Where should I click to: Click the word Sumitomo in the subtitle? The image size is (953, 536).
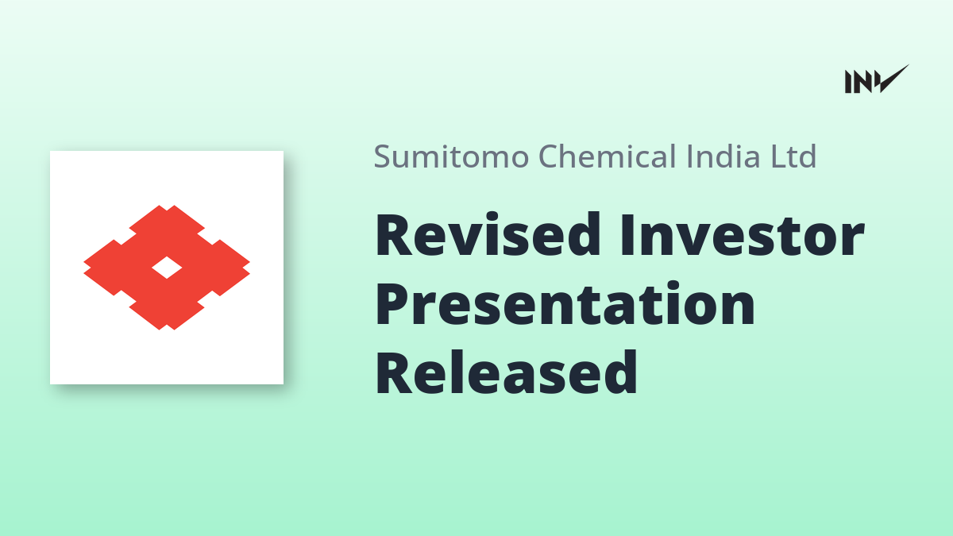click(451, 156)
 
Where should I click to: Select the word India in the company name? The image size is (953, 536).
click(723, 156)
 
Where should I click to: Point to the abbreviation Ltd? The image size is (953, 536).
click(793, 156)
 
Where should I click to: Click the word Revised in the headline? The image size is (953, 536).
click(488, 234)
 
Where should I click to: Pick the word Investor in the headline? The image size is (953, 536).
click(743, 235)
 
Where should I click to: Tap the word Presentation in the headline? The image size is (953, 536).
click(565, 303)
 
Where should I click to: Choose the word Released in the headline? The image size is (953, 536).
click(507, 372)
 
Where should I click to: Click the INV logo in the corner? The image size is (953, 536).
click(877, 79)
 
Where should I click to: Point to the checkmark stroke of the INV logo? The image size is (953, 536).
click(893, 79)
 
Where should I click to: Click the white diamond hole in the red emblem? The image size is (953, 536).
click(167, 268)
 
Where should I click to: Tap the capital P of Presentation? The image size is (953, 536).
click(392, 304)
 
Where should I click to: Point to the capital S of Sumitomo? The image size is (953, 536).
click(382, 156)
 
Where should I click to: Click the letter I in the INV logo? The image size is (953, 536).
click(848, 82)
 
